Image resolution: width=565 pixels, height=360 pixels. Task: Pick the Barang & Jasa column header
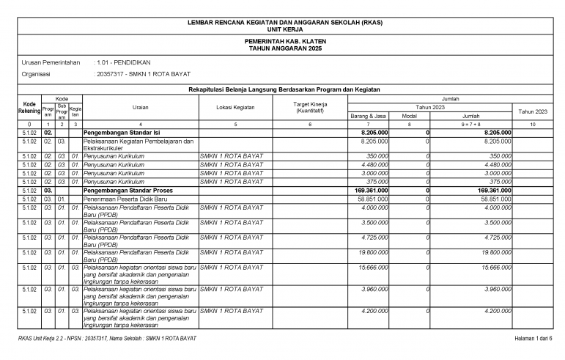click(368, 116)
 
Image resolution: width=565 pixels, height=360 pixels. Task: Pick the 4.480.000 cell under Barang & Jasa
click(373, 165)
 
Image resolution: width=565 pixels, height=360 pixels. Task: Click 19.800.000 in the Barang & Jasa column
click(372, 251)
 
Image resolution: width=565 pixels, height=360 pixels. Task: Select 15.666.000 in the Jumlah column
click(495, 268)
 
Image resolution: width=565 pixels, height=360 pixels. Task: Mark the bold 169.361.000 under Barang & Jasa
click(369, 189)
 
